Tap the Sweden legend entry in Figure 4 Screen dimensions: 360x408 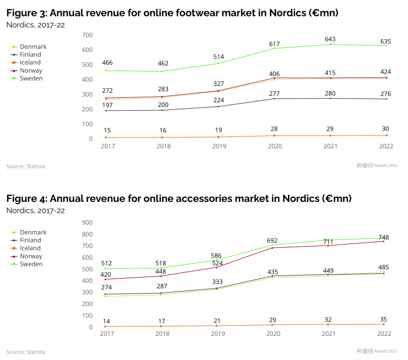click(x=31, y=264)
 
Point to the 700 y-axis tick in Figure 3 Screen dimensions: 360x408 click(x=87, y=35)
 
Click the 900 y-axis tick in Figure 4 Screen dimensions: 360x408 click(x=87, y=222)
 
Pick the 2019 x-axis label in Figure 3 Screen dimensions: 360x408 click(x=218, y=146)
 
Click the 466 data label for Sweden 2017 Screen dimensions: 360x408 click(x=107, y=63)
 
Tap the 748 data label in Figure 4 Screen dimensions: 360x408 click(x=384, y=237)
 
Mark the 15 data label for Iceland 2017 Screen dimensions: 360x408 click(x=107, y=130)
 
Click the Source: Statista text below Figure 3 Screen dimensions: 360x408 click(x=25, y=166)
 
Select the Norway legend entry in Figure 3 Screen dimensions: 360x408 click(x=31, y=71)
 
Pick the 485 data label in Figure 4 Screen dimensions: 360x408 click(x=383, y=267)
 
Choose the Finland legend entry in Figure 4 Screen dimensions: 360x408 click(x=31, y=240)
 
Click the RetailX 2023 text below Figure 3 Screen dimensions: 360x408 click(x=385, y=165)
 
